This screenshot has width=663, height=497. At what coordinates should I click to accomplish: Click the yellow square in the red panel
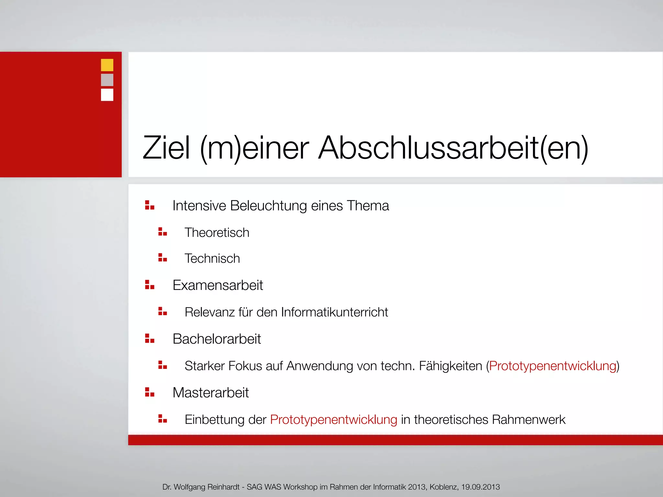tap(107, 65)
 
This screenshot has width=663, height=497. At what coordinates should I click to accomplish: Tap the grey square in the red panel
tap(107, 80)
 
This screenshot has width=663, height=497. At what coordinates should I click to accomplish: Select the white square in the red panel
tap(107, 95)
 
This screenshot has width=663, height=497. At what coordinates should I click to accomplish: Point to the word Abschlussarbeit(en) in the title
tap(453, 148)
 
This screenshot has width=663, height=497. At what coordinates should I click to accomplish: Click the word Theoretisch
tap(217, 233)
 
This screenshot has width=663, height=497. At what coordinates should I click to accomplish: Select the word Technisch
tap(212, 259)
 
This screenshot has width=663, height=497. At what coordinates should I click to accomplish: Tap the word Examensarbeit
tap(218, 285)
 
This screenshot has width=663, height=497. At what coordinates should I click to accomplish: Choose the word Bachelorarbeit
tap(217, 339)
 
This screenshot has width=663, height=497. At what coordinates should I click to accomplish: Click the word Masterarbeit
tap(210, 393)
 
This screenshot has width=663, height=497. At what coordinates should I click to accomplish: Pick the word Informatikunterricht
tap(334, 312)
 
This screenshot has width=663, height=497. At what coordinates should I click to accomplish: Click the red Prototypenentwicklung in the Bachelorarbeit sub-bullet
tap(552, 366)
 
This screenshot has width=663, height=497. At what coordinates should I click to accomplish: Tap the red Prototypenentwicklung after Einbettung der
tap(333, 420)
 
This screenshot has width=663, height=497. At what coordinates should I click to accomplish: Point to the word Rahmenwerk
tap(528, 420)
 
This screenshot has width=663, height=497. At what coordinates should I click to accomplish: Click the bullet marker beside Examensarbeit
tap(150, 285)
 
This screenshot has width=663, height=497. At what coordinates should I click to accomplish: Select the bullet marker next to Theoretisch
tap(163, 232)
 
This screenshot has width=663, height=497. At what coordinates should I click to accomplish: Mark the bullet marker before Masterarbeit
tap(150, 392)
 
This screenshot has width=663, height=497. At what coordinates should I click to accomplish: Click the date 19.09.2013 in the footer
tap(480, 487)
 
